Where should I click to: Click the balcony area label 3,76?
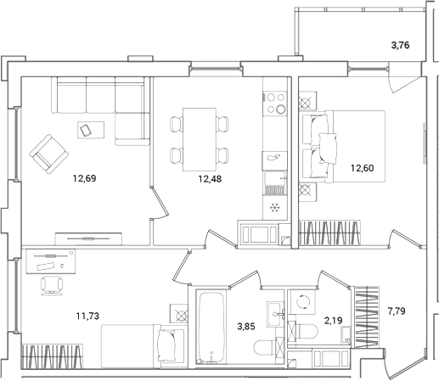[400, 45]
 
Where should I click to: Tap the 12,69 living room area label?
[85, 178]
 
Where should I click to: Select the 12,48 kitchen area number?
[210, 179]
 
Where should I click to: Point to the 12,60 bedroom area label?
[363, 168]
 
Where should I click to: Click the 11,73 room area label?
[87, 316]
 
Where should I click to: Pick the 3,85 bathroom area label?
[246, 327]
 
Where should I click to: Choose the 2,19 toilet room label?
[334, 321]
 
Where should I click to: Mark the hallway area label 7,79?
[397, 311]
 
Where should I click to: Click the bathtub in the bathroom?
[211, 328]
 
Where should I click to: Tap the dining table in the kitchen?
[200, 139]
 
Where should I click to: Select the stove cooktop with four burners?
[274, 104]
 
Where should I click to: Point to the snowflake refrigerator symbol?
[275, 208]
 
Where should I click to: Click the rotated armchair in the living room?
[49, 154]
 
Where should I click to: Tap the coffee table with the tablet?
[91, 130]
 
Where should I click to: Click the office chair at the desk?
[51, 285]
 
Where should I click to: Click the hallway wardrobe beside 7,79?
[367, 317]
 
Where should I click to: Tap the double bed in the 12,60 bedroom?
[355, 146]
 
